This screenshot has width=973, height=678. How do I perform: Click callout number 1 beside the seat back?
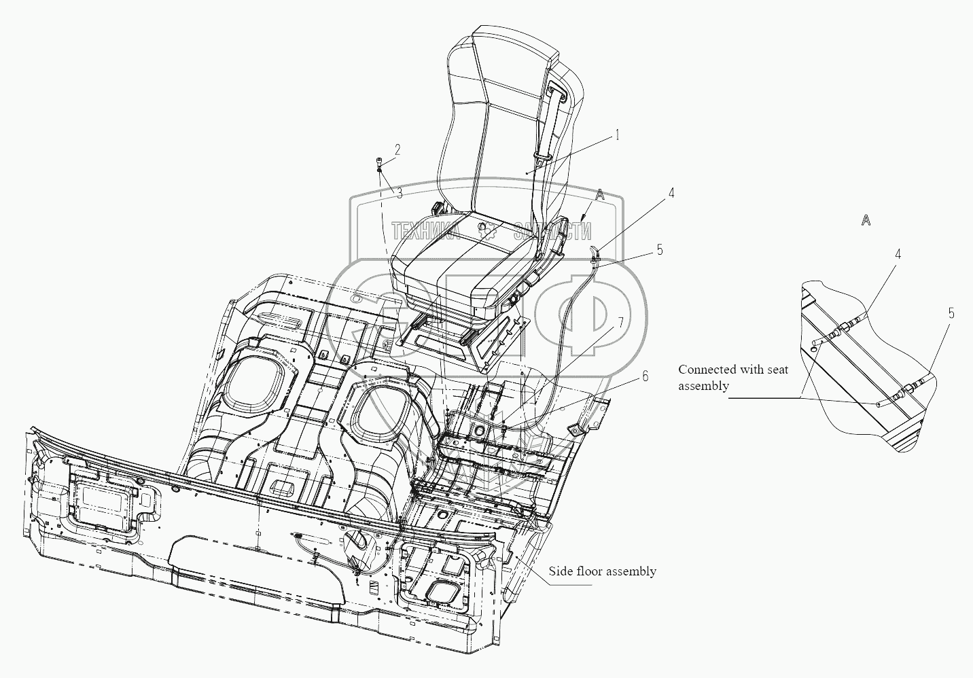pos(617,135)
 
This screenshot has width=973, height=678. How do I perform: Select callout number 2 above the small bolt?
pos(398,148)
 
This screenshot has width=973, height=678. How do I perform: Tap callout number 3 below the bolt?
pos(400,194)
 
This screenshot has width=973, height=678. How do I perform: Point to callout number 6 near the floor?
pos(644,375)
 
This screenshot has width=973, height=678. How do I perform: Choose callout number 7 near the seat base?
pos(620,321)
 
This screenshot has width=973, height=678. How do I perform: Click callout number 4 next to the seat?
pos(671,193)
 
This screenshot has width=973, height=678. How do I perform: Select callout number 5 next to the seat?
pos(659,249)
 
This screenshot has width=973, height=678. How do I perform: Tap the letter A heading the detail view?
pos(866,219)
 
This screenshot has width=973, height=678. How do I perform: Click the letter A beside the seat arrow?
pos(599,194)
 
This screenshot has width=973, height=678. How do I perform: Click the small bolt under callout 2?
pos(380,163)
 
